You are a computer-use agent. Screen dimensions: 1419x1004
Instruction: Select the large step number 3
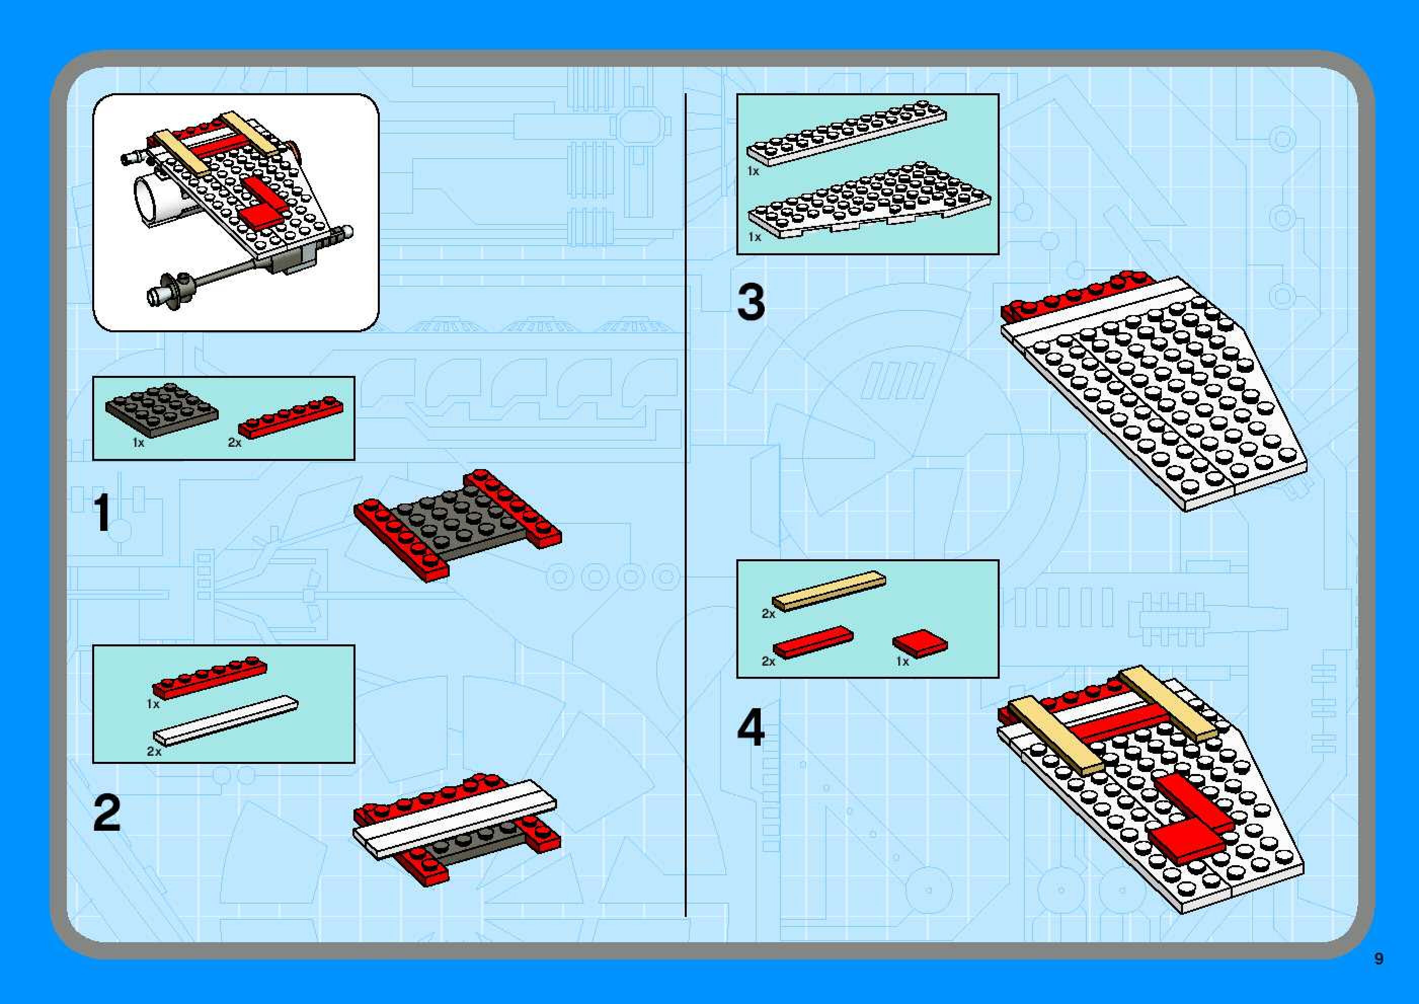(x=751, y=302)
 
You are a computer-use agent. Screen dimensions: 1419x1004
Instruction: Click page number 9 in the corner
(x=1379, y=958)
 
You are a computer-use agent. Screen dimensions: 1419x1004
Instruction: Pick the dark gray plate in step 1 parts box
(x=162, y=409)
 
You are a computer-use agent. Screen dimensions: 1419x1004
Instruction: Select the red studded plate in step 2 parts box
(x=210, y=678)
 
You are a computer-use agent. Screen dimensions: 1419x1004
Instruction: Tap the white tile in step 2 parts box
(x=225, y=720)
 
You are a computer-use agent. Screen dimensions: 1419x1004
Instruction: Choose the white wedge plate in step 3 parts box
(x=870, y=201)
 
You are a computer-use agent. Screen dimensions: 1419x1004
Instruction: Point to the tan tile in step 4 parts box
(x=829, y=591)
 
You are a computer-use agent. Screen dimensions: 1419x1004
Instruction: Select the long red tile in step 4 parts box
(x=813, y=642)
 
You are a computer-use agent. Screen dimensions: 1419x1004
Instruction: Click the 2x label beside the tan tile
(x=768, y=614)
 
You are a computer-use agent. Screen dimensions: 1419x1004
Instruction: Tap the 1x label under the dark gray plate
(x=138, y=443)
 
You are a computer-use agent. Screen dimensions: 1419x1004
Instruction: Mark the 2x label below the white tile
(x=154, y=752)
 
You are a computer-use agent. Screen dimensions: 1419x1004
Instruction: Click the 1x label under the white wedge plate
(x=755, y=237)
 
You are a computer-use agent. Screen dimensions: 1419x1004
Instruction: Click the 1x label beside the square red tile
(x=903, y=662)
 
